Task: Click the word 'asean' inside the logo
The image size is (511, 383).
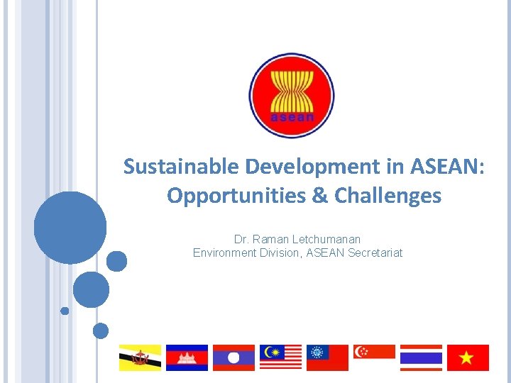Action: pyautogui.click(x=292, y=117)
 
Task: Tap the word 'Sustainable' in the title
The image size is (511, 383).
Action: pyautogui.click(x=182, y=167)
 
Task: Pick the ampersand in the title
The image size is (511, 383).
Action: pyautogui.click(x=319, y=195)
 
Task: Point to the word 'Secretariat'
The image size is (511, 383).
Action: pyautogui.click(x=375, y=252)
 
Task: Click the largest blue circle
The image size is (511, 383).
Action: pyautogui.click(x=70, y=228)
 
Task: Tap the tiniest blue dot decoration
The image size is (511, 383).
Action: pyautogui.click(x=65, y=311)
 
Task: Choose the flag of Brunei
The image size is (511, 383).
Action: pyautogui.click(x=140, y=357)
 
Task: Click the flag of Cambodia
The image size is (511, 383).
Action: pyautogui.click(x=187, y=357)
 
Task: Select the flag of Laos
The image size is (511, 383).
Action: pyautogui.click(x=233, y=357)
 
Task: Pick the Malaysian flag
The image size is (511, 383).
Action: pyautogui.click(x=280, y=357)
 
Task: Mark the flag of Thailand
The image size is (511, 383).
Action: pyautogui.click(x=421, y=357)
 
